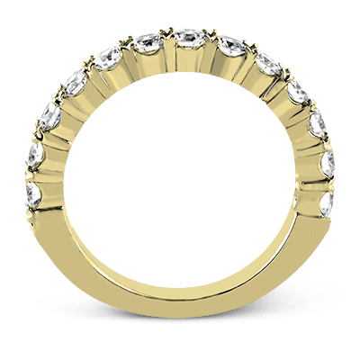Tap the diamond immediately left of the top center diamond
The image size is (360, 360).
coord(146,42)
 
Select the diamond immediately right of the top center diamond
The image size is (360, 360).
coord(231,45)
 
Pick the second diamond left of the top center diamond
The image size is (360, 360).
coord(109,57)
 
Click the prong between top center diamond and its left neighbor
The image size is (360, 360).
coord(166,34)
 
